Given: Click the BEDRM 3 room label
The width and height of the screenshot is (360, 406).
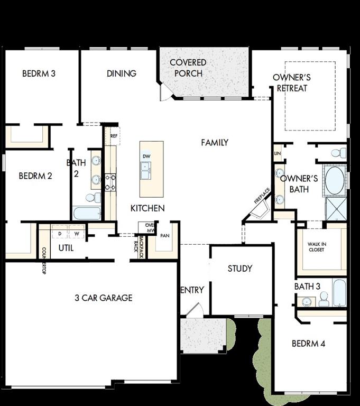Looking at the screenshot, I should pyautogui.click(x=39, y=73).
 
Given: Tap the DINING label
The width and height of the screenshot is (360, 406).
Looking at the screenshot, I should pyautogui.click(x=122, y=73).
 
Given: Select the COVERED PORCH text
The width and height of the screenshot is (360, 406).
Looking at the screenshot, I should pyautogui.click(x=188, y=68).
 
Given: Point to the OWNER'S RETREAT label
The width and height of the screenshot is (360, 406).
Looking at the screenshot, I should pyautogui.click(x=292, y=82).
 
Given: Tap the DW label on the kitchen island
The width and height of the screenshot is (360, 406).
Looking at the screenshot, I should pyautogui.click(x=147, y=156).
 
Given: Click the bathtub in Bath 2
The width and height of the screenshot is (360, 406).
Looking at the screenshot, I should pyautogui.click(x=87, y=214).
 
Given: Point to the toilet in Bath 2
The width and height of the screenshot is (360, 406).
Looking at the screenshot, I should pyautogui.click(x=92, y=198).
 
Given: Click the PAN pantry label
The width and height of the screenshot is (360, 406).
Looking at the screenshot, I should pyautogui.click(x=164, y=236).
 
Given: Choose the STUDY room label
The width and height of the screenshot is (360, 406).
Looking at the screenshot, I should pyautogui.click(x=240, y=269).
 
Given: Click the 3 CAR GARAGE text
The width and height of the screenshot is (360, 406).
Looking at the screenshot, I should pyautogui.click(x=104, y=298).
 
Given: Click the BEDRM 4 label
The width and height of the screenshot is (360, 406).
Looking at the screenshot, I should pyautogui.click(x=309, y=344).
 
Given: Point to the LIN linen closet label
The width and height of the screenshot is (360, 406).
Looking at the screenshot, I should pyautogui.click(x=278, y=153).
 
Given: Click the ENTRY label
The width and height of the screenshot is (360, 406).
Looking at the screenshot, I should pyautogui.click(x=192, y=290).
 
